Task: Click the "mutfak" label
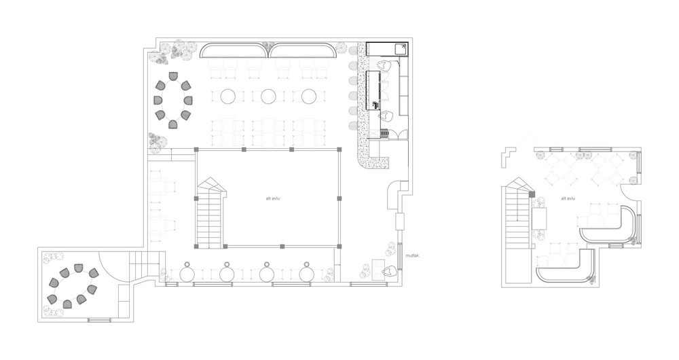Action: pos(412,255)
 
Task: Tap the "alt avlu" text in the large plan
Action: pos(273,198)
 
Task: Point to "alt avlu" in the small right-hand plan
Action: pos(568,198)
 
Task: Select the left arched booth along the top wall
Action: pos(234,50)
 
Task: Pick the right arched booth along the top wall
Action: pos(303,50)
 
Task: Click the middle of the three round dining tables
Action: pos(268,96)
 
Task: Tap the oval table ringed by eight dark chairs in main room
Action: pos(173,100)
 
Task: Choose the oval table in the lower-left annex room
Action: pos(73,286)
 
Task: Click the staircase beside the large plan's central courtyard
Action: pos(211,213)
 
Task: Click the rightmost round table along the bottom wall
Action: pos(307,274)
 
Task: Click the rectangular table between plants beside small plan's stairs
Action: pos(540,218)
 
